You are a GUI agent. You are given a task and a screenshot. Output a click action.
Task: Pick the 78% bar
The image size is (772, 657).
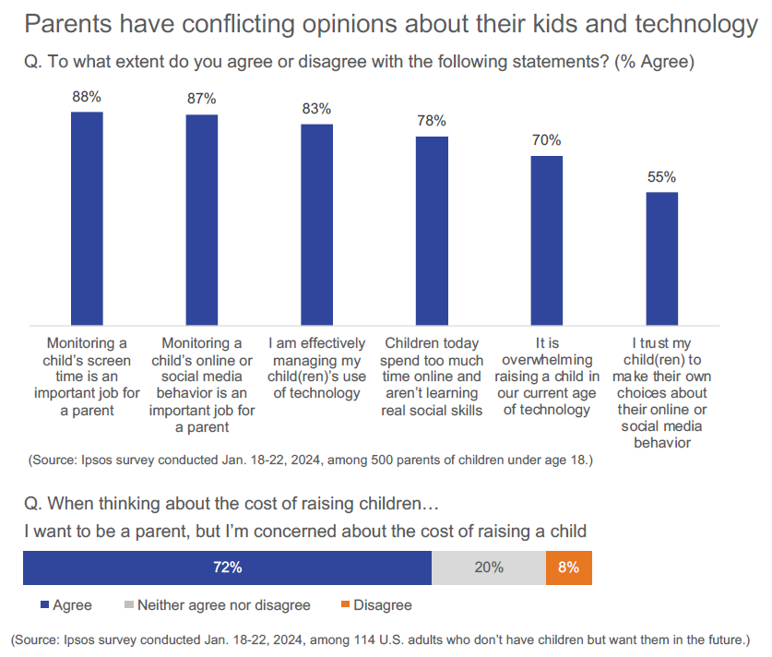coord(431,230)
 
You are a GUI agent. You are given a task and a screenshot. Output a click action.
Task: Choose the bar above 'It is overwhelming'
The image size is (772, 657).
coord(546,239)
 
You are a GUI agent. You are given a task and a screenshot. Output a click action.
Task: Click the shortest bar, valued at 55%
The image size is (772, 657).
coord(661,257)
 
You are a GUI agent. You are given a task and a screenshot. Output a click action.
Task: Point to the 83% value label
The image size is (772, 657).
coord(316,109)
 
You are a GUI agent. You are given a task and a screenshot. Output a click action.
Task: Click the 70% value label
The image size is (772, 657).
coord(546,140)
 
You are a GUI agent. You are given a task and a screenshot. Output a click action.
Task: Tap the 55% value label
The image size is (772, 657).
coord(661,176)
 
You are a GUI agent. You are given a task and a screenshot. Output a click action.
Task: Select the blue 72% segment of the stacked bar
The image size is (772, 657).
coord(227,567)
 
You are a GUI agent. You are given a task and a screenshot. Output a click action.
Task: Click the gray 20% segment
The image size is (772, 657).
coord(489,567)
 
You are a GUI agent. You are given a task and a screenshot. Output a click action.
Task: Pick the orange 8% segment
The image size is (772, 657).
coord(568,567)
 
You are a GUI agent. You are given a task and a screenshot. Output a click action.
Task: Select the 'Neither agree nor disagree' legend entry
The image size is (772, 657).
coord(217,605)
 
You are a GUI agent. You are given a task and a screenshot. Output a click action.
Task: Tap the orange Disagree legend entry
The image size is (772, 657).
coord(374,605)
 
